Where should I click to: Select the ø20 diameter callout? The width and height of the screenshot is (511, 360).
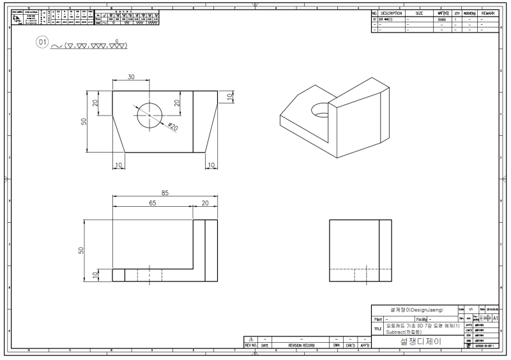click(x=172, y=126)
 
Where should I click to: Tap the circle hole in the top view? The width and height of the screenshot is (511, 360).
click(x=151, y=115)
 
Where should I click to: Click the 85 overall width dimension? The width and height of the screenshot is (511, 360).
click(x=165, y=193)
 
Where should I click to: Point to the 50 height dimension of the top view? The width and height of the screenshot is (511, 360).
click(x=84, y=121)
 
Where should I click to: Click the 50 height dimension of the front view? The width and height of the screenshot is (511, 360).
click(x=81, y=250)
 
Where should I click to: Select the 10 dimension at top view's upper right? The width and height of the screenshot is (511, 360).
click(x=230, y=96)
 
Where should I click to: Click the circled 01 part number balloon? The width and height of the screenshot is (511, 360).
click(x=43, y=43)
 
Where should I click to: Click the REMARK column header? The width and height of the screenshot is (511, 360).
click(x=487, y=13)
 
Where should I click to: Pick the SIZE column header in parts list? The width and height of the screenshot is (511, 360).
click(x=419, y=13)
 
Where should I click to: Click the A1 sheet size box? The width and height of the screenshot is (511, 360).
click(x=496, y=317)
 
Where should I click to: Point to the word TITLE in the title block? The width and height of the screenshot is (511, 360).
click(x=378, y=329)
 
